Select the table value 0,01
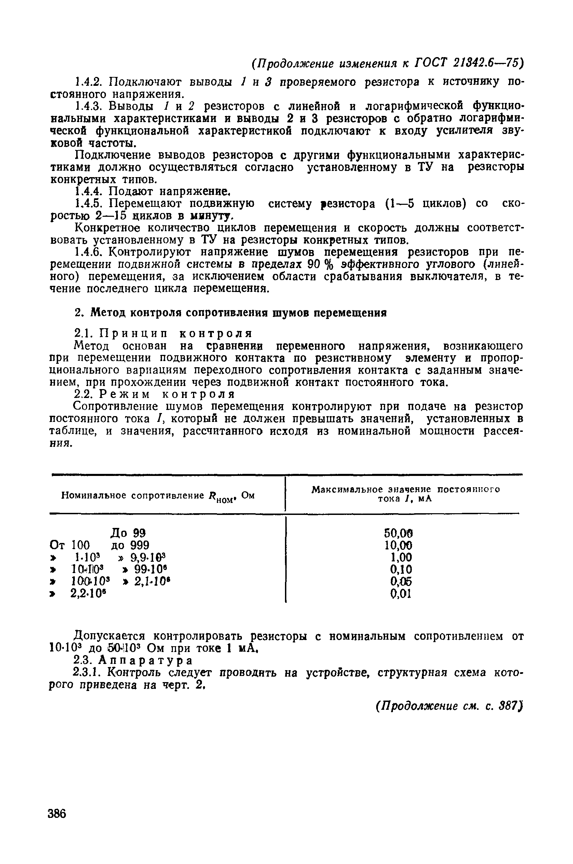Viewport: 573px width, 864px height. point(400,594)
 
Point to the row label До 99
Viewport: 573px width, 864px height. point(128,533)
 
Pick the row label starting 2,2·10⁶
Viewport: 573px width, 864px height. point(90,594)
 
